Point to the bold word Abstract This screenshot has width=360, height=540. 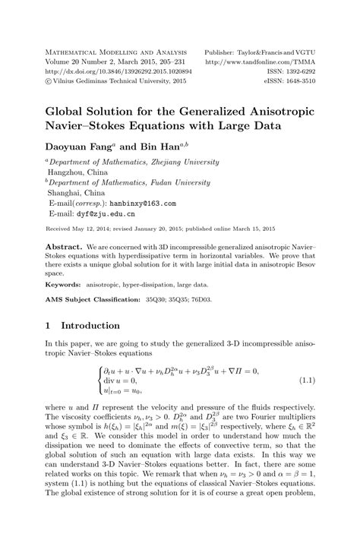pyautogui.click(x=63, y=248)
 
